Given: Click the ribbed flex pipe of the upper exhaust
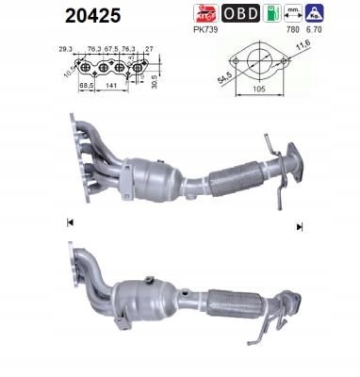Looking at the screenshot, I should (237, 175).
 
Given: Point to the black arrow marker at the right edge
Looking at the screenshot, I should (300, 226).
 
